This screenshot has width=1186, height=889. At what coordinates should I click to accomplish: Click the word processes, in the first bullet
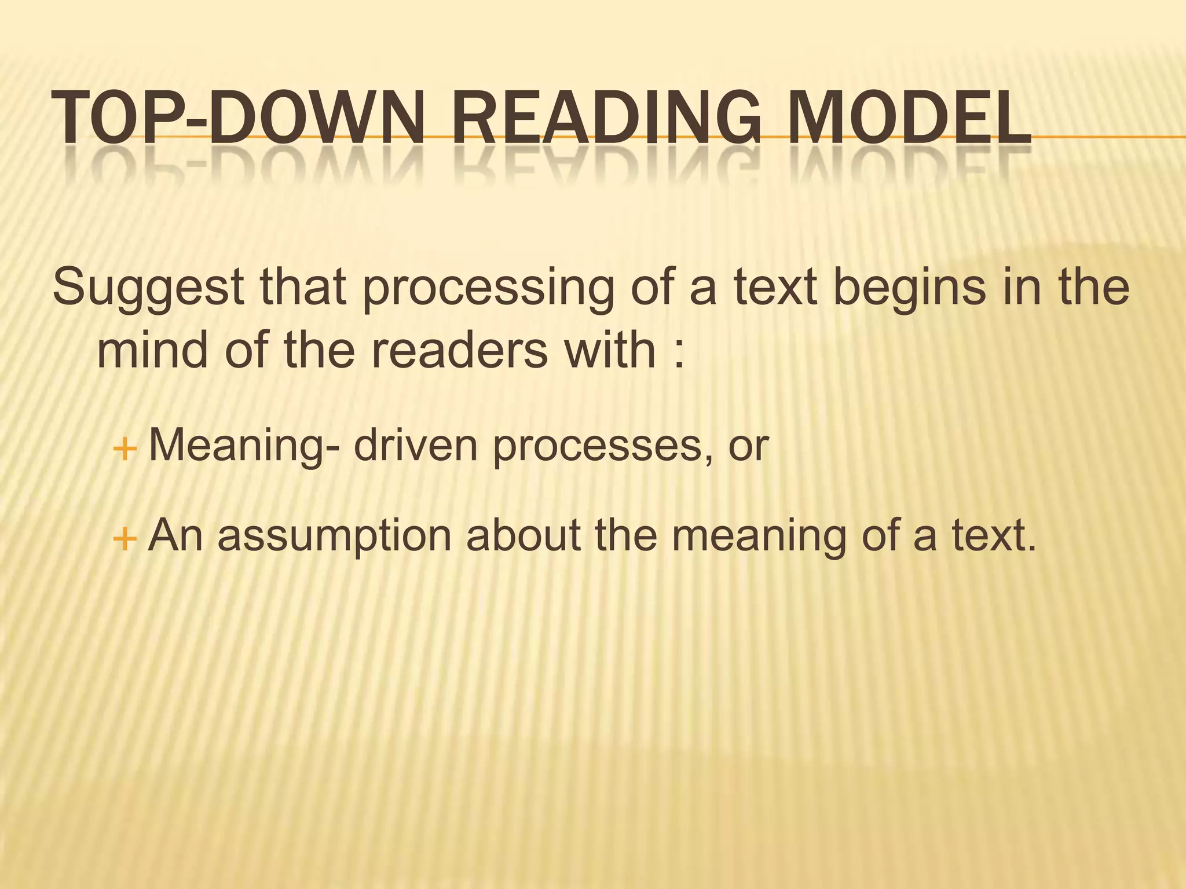click(x=605, y=446)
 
